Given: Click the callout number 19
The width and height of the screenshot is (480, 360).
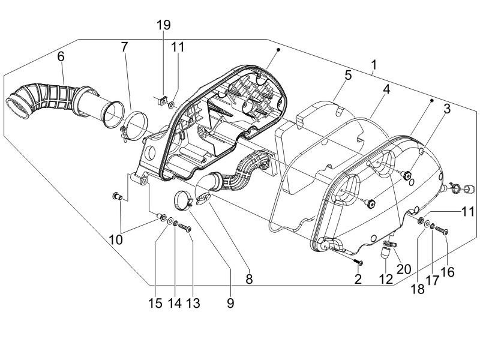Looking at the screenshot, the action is (164, 25).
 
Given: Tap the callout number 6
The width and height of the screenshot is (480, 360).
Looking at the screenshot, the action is (61, 56).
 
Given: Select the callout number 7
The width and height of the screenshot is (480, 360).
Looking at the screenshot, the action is (124, 47).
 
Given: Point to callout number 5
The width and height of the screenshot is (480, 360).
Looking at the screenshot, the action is (349, 75).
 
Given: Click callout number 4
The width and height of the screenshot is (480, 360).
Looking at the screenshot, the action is (386, 89).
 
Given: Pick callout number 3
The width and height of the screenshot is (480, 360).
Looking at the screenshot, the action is (447, 109).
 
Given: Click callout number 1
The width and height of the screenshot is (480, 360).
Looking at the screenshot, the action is (374, 65).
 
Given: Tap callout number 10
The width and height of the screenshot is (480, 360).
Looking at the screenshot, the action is (116, 239).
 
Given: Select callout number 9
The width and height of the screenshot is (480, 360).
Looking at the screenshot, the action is (230, 303).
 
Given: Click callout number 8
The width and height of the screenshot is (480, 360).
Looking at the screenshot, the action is (249, 279).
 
